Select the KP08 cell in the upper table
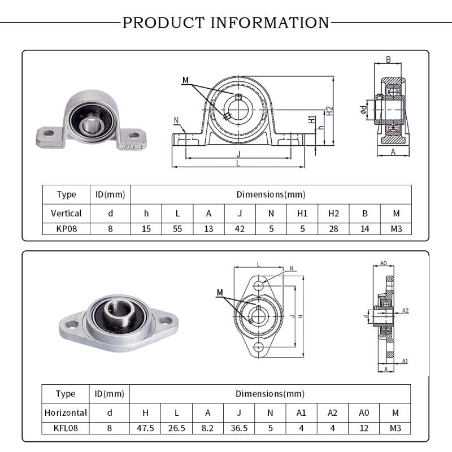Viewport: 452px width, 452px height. click(66, 229)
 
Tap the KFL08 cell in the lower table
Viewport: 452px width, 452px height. click(66, 428)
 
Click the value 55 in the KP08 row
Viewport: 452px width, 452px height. click(177, 229)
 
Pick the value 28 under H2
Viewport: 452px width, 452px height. click(333, 229)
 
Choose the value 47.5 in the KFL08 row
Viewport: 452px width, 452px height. click(146, 428)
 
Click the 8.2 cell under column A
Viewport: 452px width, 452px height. click(208, 428)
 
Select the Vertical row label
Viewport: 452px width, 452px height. click(66, 213)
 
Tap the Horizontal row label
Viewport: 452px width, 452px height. click(66, 412)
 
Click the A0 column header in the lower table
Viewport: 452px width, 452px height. click(363, 412)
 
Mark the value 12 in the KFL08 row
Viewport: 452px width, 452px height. click(363, 428)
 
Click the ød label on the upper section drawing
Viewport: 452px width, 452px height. click(363, 108)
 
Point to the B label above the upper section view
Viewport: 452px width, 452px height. click(389, 59)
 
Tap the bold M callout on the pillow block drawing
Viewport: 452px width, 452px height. click(185, 80)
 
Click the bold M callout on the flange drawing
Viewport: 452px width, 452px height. click(220, 292)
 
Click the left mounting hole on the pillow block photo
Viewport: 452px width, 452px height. click(49, 133)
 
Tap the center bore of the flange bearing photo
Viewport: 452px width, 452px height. click(118, 310)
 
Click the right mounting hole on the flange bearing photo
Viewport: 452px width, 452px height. click(166, 320)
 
